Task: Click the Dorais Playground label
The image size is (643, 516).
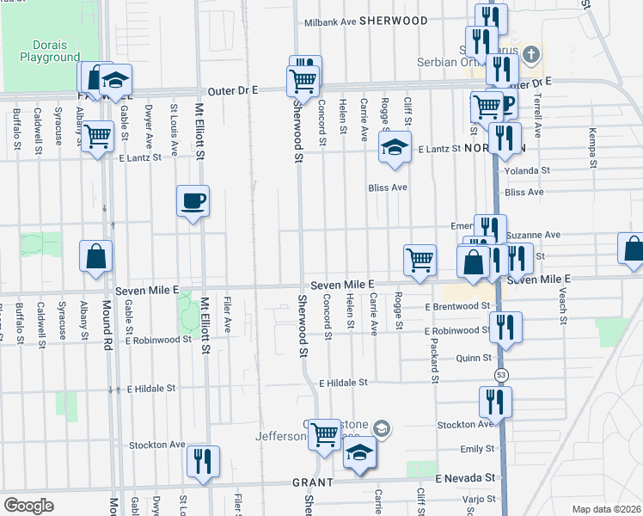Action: pyautogui.click(x=50, y=50)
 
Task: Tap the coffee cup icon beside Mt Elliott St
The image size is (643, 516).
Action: pyautogui.click(x=193, y=201)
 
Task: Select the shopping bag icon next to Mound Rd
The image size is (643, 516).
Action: pyautogui.click(x=95, y=255)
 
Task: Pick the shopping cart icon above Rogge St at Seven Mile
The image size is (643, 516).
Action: pyautogui.click(x=419, y=259)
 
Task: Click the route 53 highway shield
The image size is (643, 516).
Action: pyautogui.click(x=500, y=376)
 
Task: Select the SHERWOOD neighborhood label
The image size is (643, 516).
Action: pyautogui.click(x=394, y=21)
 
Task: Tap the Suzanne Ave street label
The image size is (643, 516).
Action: pyautogui.click(x=533, y=234)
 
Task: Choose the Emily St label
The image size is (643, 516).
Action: pyautogui.click(x=477, y=449)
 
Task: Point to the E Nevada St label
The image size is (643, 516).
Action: pyautogui.click(x=465, y=477)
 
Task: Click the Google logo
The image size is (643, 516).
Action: pyautogui.click(x=29, y=506)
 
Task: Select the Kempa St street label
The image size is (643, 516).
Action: pyautogui.click(x=591, y=141)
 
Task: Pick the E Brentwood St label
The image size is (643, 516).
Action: pyautogui.click(x=456, y=306)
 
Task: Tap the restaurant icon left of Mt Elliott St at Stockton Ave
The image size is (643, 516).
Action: pyautogui.click(x=204, y=460)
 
